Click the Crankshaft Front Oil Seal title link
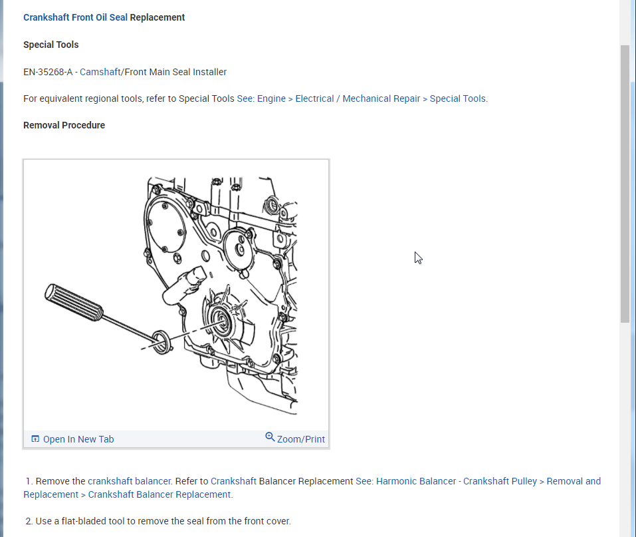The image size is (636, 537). pyautogui.click(x=75, y=17)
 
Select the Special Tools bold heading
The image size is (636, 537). pyautogui.click(x=51, y=45)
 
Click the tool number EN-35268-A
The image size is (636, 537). pyautogui.click(x=47, y=72)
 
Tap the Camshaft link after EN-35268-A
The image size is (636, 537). pyautogui.click(x=100, y=72)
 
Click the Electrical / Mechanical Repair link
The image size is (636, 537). pyautogui.click(x=358, y=98)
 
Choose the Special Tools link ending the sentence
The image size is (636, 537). pyautogui.click(x=457, y=98)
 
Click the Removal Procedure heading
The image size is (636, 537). pyautogui.click(x=64, y=125)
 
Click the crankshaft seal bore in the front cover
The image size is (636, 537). pyautogui.click(x=220, y=321)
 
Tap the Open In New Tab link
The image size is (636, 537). pyautogui.click(x=78, y=439)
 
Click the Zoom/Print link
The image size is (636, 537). pyautogui.click(x=301, y=439)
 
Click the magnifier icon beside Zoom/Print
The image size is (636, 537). pyautogui.click(x=270, y=437)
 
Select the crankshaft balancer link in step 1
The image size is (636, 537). pyautogui.click(x=130, y=481)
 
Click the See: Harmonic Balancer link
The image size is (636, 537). pyautogui.click(x=407, y=481)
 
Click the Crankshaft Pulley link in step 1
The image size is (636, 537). pyautogui.click(x=500, y=481)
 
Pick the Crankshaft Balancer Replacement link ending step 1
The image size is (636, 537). pyautogui.click(x=159, y=494)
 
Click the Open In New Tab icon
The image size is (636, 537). pyautogui.click(x=35, y=439)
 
